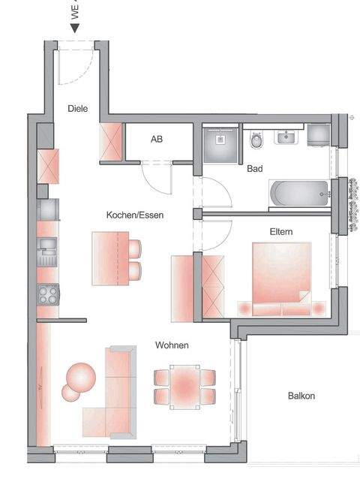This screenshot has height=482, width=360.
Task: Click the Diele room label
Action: pos(77,109)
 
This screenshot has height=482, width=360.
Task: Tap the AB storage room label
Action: pos(157,140)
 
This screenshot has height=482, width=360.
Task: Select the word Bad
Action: pos(255,169)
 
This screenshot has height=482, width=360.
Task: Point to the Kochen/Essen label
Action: pos(135,215)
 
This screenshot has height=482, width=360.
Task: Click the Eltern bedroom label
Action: pos(281,233)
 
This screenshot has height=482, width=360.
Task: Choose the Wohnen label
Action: pos(172,345)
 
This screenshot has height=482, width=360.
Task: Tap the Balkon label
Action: pos(301,396)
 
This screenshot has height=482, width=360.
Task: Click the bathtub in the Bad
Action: pos(299,193)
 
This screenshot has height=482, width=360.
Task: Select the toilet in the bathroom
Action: pos(256,140)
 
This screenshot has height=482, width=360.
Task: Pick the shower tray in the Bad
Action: pos(220,140)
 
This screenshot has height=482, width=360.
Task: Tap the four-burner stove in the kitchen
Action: pos(49,294)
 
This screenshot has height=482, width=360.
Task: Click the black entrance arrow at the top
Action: pos(75,28)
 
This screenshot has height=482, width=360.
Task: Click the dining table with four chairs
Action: pos(184,386)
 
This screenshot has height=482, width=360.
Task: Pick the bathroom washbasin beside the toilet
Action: pos(286,137)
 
